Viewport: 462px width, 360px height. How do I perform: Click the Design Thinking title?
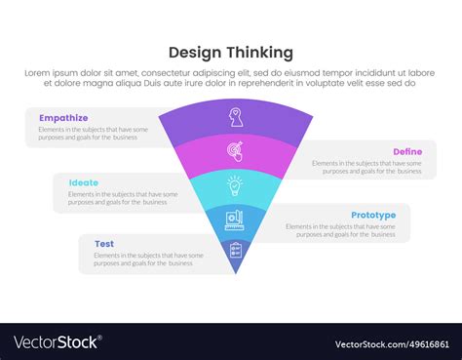(x=231, y=52)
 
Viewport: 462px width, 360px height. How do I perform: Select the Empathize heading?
(x=60, y=118)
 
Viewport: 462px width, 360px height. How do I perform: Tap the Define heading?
(x=406, y=151)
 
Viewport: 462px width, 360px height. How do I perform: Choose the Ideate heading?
(x=84, y=182)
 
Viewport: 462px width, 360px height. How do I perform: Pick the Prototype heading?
(x=373, y=215)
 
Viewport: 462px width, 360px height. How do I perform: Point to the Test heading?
(x=104, y=244)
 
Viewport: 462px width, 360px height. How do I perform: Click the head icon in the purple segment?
(x=235, y=117)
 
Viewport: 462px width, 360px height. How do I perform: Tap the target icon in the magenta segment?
(x=235, y=152)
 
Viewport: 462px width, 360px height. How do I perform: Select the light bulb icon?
(x=235, y=184)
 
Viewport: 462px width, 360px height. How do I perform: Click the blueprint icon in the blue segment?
(x=235, y=218)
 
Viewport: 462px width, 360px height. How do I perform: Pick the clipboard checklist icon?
(x=235, y=251)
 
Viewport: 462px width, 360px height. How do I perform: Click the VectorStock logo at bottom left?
(x=57, y=342)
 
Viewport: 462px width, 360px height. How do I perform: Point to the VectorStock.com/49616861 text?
(x=390, y=343)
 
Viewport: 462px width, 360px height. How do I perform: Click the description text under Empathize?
(x=95, y=135)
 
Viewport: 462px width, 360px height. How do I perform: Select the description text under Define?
(x=366, y=167)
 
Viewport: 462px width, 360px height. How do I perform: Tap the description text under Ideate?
(x=123, y=199)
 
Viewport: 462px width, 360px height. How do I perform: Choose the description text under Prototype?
(x=340, y=231)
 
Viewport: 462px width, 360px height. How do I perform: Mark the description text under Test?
(x=148, y=260)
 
